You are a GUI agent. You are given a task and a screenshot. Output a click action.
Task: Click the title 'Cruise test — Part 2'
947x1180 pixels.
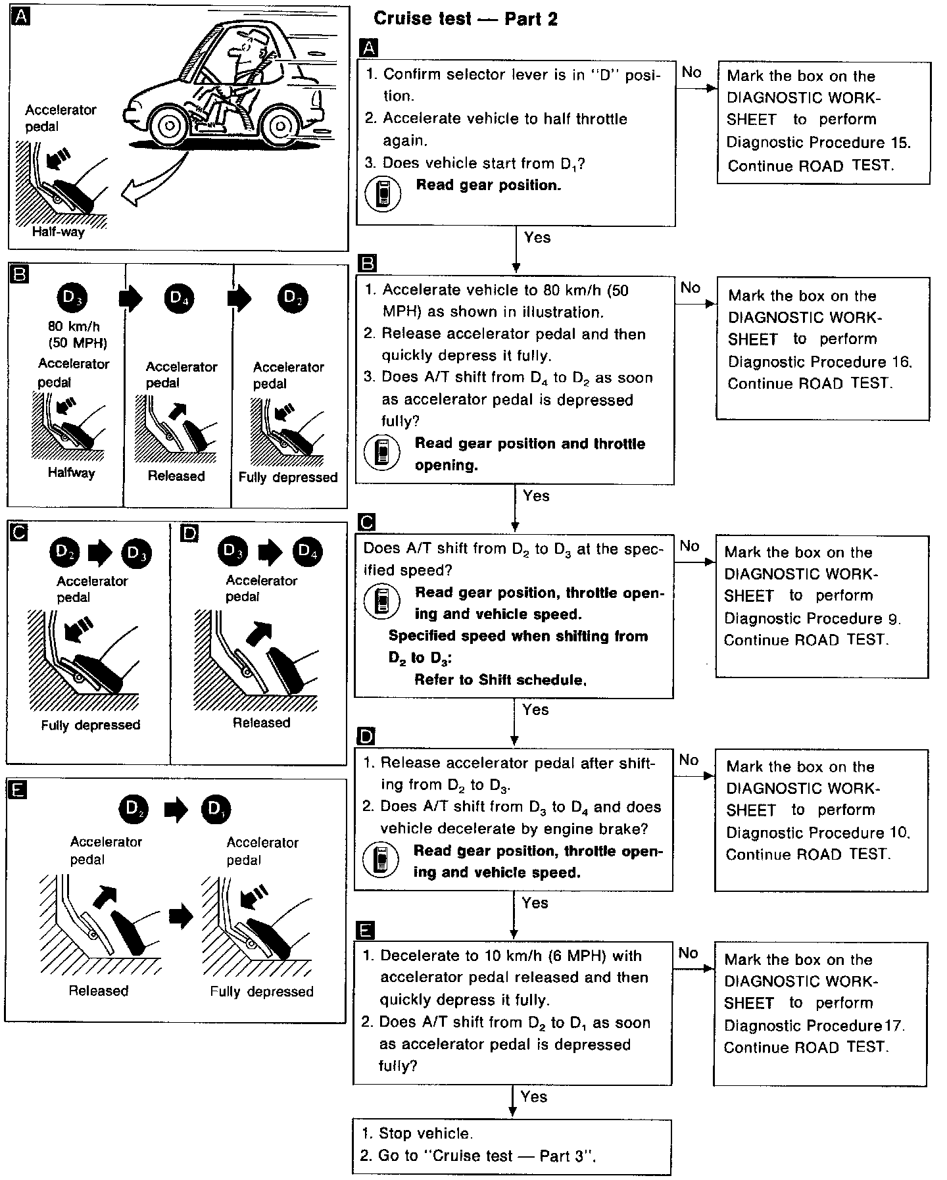(x=465, y=18)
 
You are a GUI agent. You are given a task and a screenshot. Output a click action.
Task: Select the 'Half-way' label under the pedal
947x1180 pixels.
(x=59, y=232)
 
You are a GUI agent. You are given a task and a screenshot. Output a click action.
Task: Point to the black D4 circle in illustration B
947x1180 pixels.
(x=176, y=298)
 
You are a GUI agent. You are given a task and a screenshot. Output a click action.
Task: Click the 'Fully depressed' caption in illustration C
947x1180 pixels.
(x=91, y=725)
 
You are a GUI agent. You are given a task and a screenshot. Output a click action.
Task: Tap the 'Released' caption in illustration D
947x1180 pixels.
(x=261, y=722)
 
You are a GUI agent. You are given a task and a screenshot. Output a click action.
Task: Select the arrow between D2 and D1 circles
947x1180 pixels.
(x=176, y=808)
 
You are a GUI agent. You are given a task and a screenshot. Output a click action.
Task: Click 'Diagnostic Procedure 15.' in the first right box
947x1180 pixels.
(x=818, y=143)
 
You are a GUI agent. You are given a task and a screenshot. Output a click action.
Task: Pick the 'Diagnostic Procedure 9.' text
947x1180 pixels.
(x=812, y=618)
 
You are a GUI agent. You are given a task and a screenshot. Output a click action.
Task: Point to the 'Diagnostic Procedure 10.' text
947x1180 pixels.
(x=817, y=833)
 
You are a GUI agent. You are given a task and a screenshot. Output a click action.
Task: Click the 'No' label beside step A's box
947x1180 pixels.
(x=691, y=72)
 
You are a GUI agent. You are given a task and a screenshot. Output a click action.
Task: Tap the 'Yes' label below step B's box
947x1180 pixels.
(x=536, y=496)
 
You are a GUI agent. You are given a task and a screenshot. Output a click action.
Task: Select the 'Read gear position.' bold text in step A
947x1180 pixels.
(x=488, y=185)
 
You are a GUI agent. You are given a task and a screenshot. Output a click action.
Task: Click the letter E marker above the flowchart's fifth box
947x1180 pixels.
(x=366, y=929)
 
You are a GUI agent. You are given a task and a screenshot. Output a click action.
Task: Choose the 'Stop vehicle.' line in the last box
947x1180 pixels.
(x=425, y=1133)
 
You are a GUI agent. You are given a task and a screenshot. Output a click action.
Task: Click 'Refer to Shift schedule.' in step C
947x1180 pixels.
(x=500, y=679)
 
